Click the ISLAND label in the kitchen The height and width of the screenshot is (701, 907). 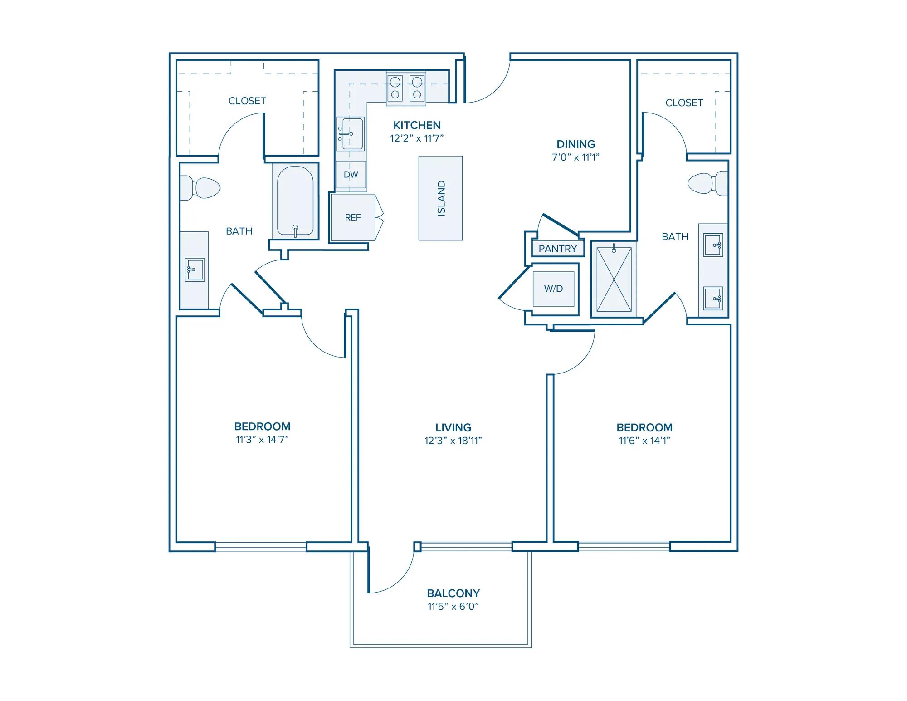point(441,198)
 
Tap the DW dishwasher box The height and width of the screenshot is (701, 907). point(351,175)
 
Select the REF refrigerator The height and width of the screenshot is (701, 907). point(353,217)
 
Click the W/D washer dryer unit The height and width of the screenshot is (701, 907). point(553,289)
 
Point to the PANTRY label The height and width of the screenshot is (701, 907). point(558,249)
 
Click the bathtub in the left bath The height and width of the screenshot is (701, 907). point(295,201)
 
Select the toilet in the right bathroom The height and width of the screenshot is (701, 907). point(708,183)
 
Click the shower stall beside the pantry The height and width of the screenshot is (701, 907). point(614,279)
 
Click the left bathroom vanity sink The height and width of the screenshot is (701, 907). point(195,270)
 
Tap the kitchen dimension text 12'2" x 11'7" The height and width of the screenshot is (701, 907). point(417,138)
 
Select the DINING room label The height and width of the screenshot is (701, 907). point(576,144)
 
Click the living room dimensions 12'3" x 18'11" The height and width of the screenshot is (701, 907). point(453,441)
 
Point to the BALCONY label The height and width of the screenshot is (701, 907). point(453,593)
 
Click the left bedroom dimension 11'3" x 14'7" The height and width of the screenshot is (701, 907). point(263,440)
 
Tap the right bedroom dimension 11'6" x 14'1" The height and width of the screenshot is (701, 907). point(644,441)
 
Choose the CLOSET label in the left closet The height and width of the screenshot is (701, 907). point(247,101)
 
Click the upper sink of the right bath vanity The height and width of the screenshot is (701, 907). point(713,245)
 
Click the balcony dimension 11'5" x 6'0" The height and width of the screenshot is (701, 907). point(453,607)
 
